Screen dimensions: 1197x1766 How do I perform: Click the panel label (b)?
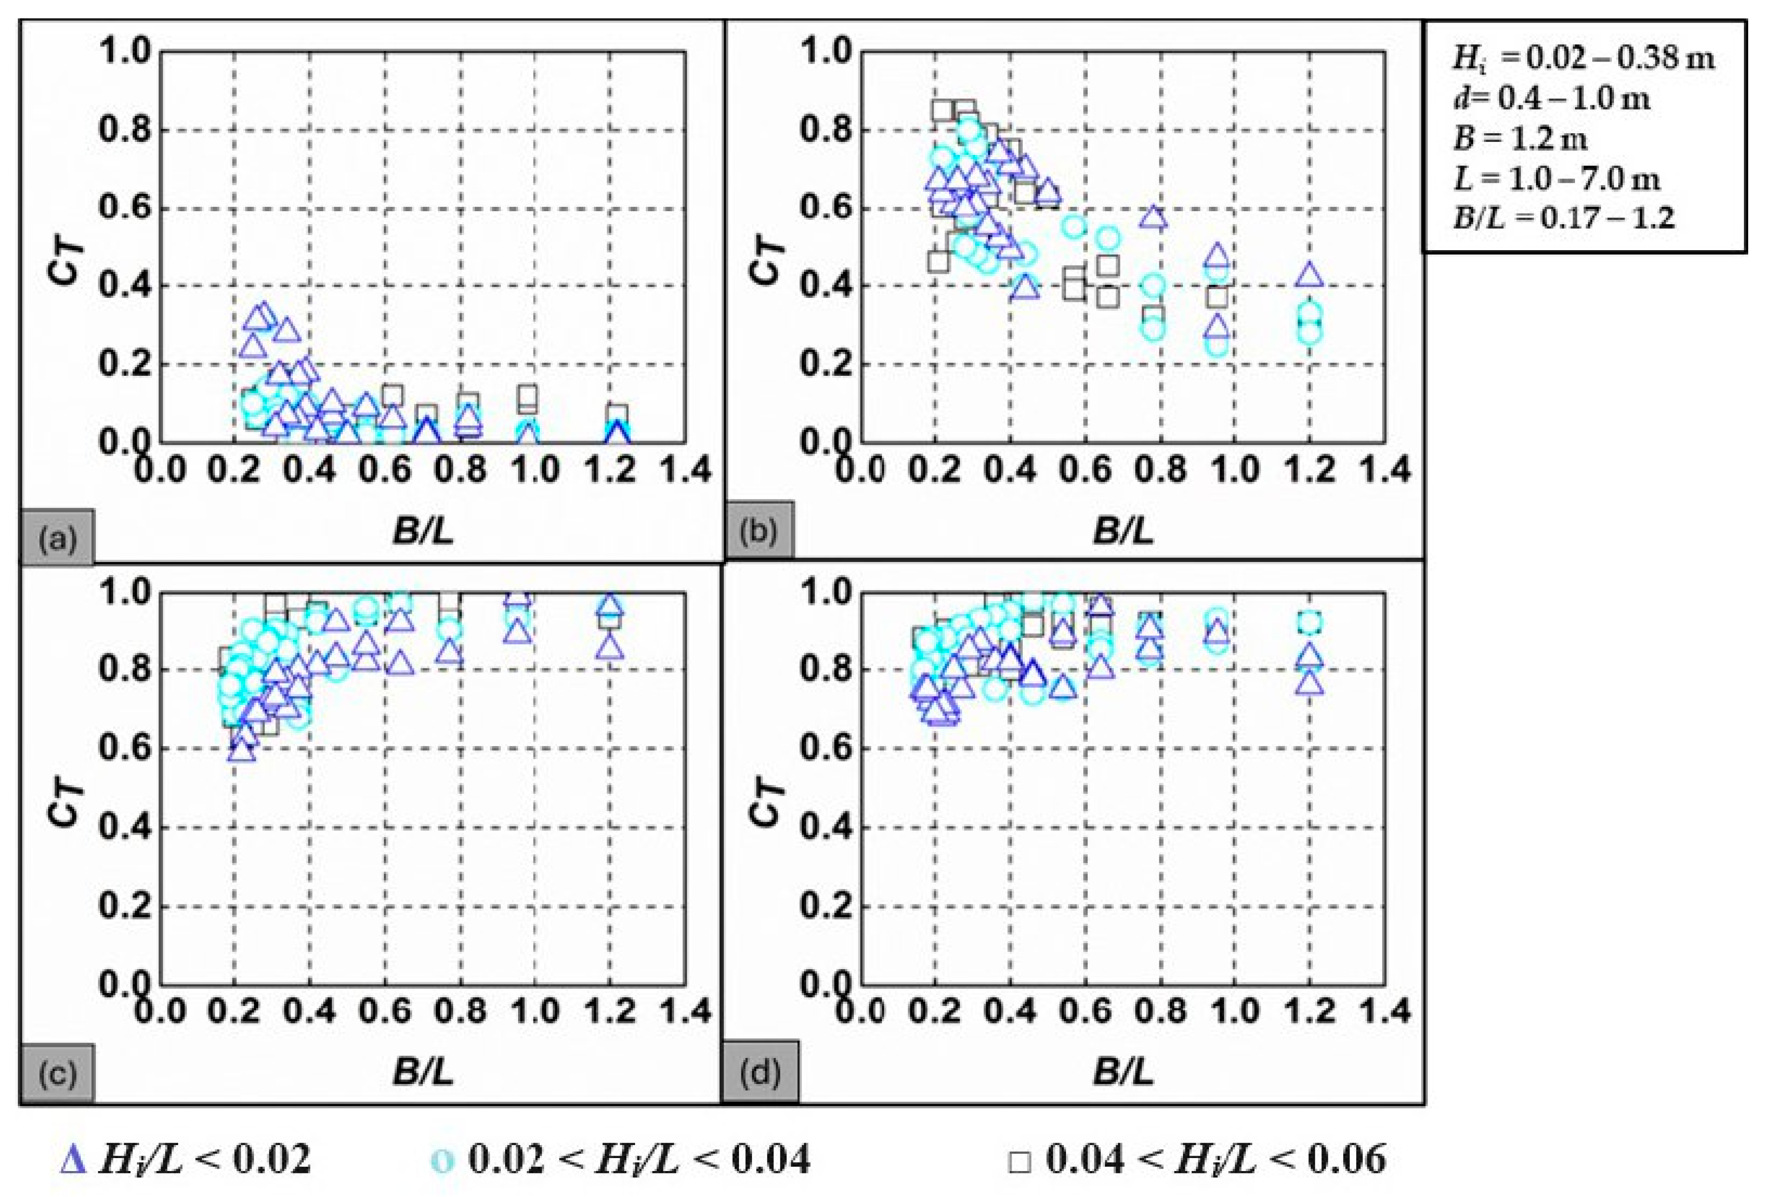click(x=758, y=531)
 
